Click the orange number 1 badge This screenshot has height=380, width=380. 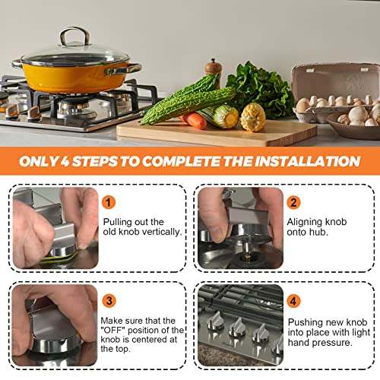[110, 203]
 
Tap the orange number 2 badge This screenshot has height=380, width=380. [293, 203]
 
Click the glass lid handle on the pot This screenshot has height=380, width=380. [74, 36]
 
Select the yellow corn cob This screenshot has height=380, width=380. [252, 117]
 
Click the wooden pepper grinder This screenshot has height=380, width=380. [214, 73]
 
